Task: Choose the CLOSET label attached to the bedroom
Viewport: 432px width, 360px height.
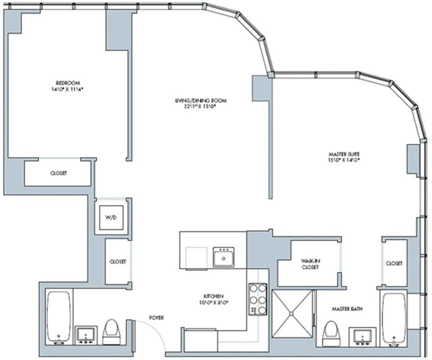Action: coord(58,173)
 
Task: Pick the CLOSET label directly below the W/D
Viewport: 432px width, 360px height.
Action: coord(118,262)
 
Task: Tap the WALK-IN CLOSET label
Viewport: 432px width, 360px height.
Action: coord(310,264)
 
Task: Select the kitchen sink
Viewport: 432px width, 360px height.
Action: coord(223,257)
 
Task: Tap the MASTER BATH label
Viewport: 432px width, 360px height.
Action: coord(347,309)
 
